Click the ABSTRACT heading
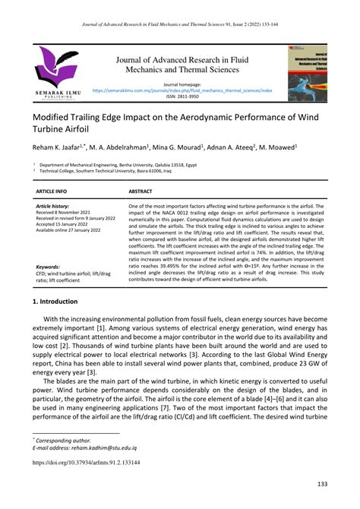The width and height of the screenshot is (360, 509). [x=141, y=192]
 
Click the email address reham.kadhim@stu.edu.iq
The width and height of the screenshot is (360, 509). [x=106, y=449]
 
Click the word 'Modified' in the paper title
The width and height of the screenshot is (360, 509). [x=55, y=119]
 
